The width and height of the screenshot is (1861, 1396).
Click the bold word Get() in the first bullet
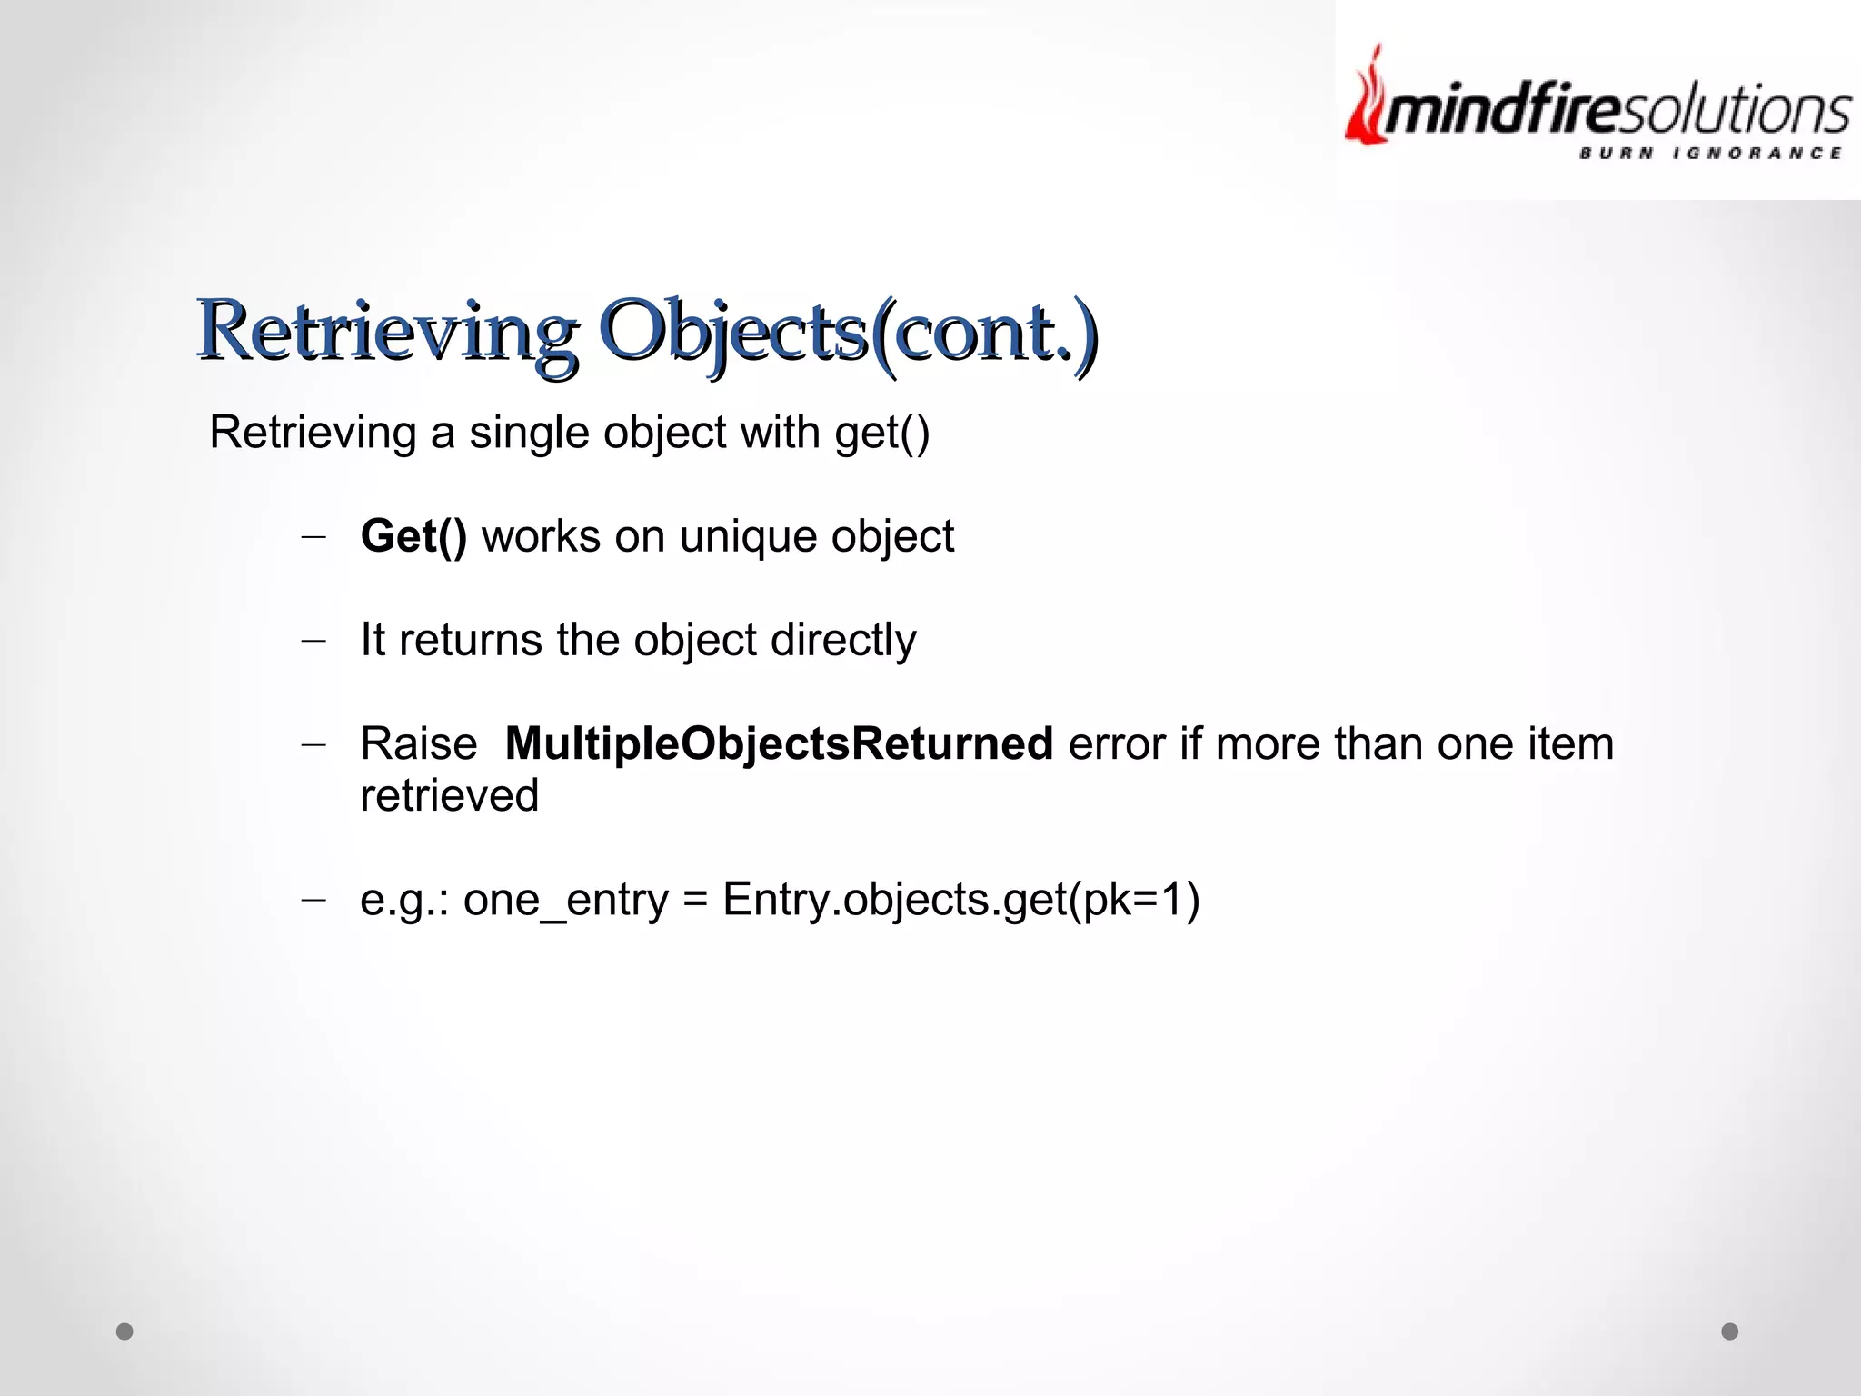[413, 536]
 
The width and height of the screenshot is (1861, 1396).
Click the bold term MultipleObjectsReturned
[779, 743]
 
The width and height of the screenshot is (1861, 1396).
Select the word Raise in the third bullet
[418, 743]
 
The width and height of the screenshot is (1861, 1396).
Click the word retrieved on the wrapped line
[449, 795]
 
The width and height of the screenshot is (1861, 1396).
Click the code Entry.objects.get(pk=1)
[960, 900]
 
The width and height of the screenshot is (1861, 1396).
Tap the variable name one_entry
[565, 900]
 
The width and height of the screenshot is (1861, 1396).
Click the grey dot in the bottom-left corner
[124, 1331]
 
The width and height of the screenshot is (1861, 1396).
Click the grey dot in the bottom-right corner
[1730, 1331]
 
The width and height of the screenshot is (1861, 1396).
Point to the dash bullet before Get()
[313, 537]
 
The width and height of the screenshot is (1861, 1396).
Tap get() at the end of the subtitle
[881, 433]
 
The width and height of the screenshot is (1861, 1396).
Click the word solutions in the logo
[1749, 111]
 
